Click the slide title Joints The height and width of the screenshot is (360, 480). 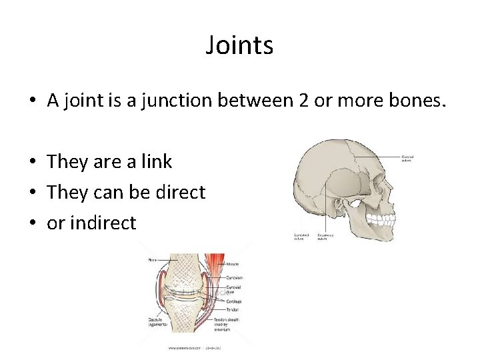[x=239, y=46]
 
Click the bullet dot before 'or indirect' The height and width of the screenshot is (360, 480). [x=31, y=223]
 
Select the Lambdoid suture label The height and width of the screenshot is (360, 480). [x=302, y=237]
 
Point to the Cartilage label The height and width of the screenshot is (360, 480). [x=235, y=301]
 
